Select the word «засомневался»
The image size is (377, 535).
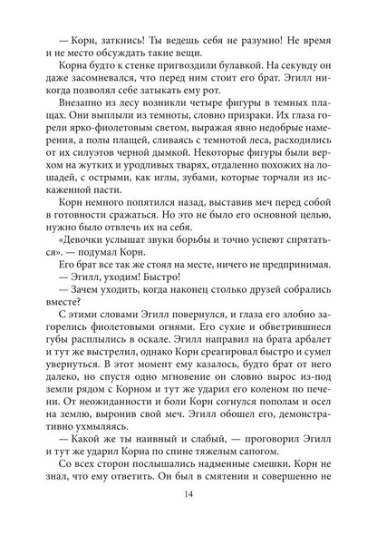click(90, 79)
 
